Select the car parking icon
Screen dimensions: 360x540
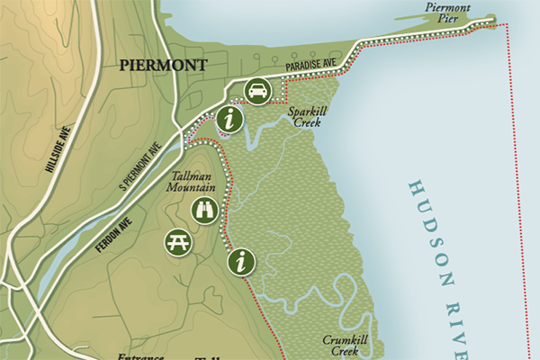257,90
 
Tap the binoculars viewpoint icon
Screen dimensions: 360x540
204,211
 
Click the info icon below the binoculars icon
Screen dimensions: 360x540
240,262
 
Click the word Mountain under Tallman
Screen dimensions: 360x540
188,190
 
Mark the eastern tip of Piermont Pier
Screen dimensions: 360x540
492,18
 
